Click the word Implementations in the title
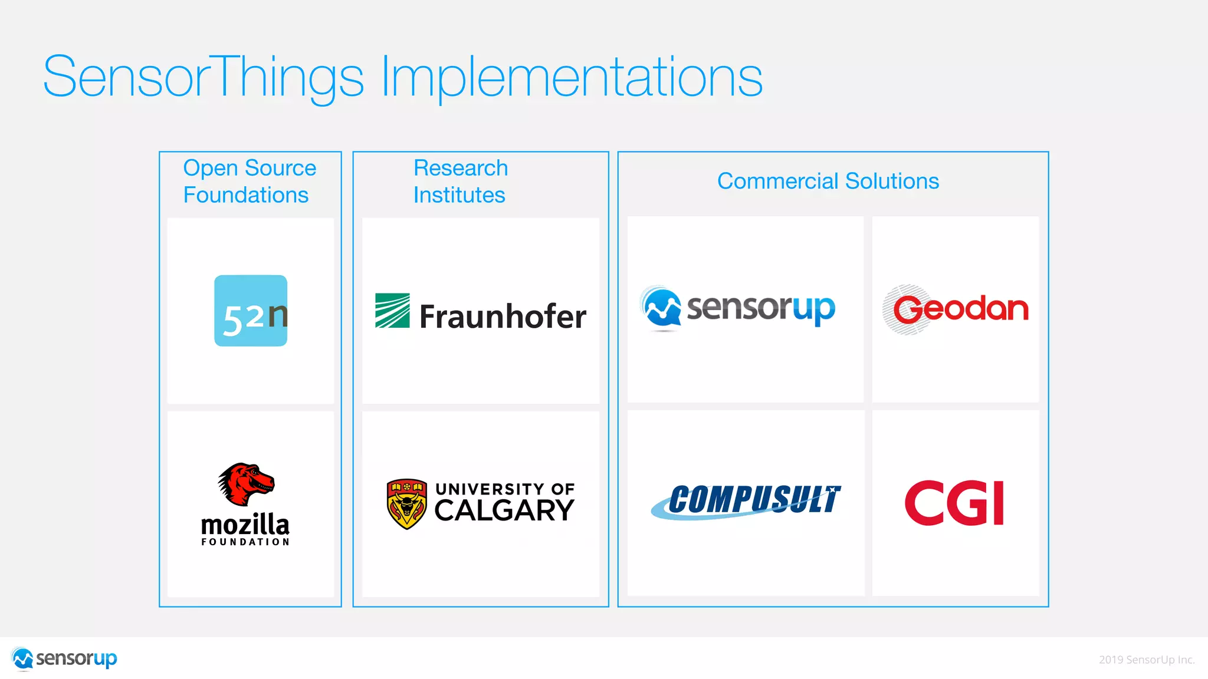(572, 77)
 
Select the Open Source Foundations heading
(249, 181)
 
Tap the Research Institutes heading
(460, 181)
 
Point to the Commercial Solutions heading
(828, 181)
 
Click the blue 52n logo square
(251, 311)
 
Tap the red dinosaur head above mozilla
(247, 483)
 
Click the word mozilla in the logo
(245, 524)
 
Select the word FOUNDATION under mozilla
(245, 542)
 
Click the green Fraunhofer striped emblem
(392, 311)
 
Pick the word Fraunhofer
(503, 317)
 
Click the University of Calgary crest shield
(406, 503)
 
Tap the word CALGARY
(504, 510)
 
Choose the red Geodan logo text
(961, 309)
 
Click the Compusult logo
(747, 502)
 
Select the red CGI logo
(954, 503)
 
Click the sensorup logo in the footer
(65, 658)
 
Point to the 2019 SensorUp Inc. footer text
(1146, 660)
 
